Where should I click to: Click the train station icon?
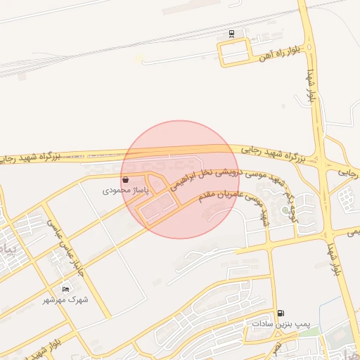tap(232, 33)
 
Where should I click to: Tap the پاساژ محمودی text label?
tap(125, 191)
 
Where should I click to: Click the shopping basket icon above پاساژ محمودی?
tap(125, 180)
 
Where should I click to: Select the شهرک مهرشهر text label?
tap(66, 300)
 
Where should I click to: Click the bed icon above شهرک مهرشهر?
tap(66, 289)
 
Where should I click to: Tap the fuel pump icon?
tap(281, 313)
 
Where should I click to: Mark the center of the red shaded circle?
tap(181, 179)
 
